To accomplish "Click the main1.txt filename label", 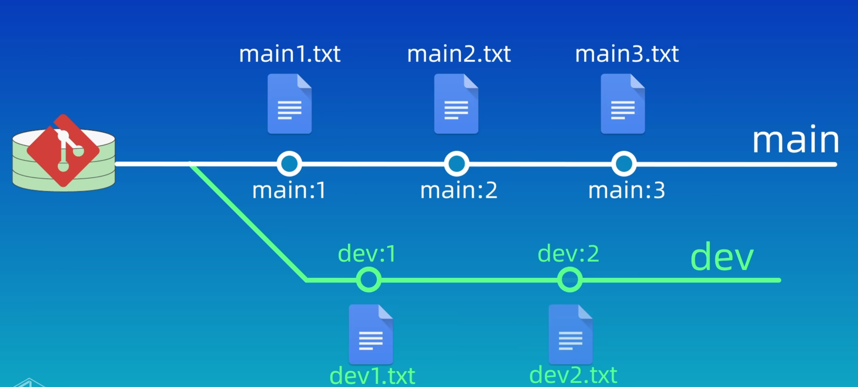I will [289, 54].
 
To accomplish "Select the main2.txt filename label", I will [459, 54].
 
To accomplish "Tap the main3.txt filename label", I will [627, 54].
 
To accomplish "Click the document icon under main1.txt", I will [290, 104].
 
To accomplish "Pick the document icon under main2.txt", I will [456, 104].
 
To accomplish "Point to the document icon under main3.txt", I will [623, 104].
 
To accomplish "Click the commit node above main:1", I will [289, 164].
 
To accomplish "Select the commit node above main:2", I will [457, 164].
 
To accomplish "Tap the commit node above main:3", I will [624, 164].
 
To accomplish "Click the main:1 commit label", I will [289, 191].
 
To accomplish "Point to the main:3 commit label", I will [626, 191].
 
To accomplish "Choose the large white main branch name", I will [795, 141].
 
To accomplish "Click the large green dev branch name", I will [722, 258].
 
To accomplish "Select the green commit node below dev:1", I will [369, 280].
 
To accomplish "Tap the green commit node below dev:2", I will [570, 280].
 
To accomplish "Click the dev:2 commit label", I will [568, 254].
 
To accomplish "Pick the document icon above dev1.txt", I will [371, 335].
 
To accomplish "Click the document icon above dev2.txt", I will [571, 335].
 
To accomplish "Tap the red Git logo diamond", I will [63, 151].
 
